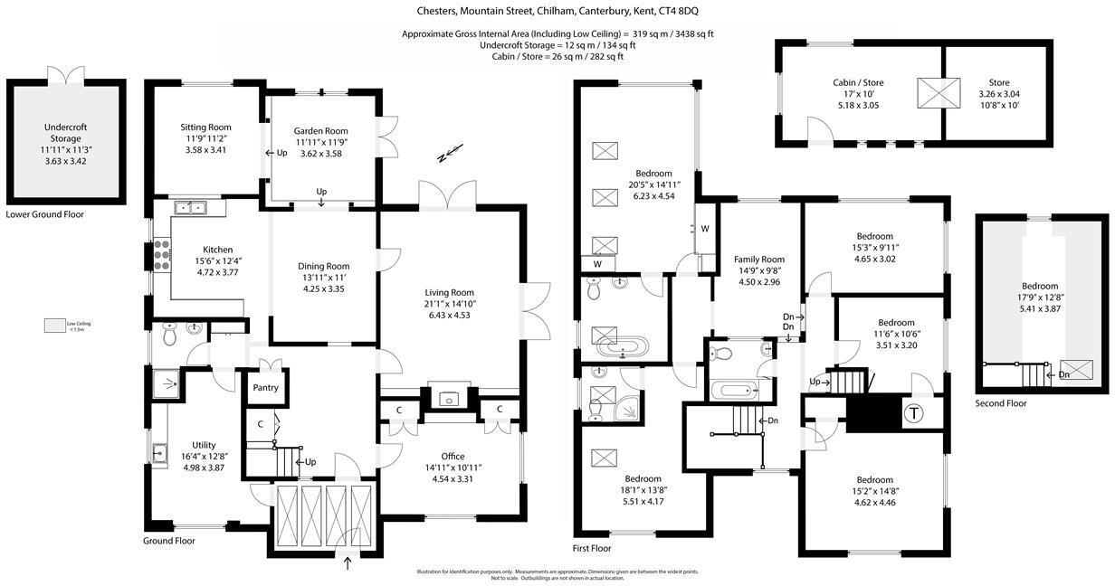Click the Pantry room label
click(265, 388)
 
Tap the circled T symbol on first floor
click(914, 413)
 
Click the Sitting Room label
click(205, 127)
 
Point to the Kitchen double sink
click(190, 208)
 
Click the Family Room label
click(758, 260)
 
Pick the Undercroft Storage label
click(65, 133)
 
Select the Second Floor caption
click(1001, 403)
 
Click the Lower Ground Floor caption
click(44, 214)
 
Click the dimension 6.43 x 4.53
click(450, 316)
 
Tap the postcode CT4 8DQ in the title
click(678, 11)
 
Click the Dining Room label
click(323, 266)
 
